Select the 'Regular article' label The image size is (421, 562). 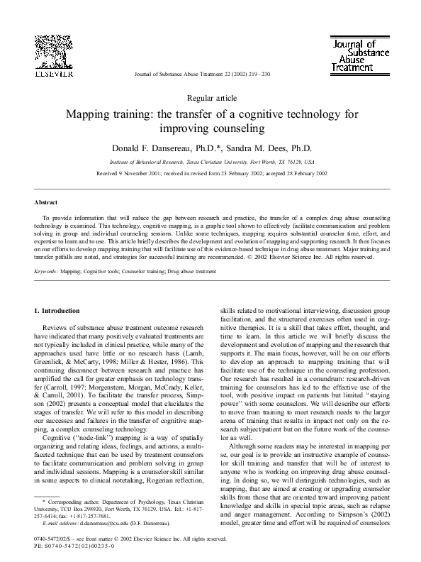point(210,98)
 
